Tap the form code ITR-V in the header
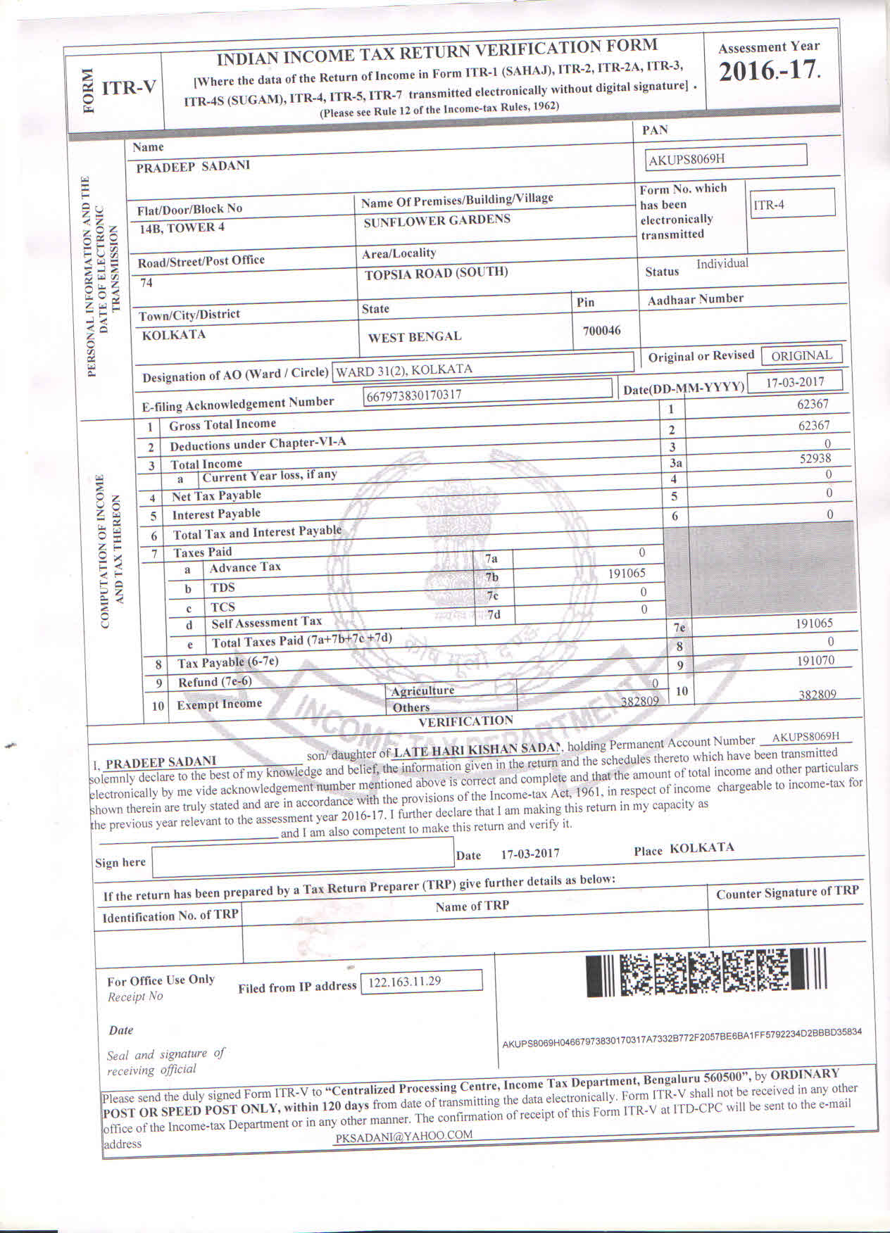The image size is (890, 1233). pos(129,88)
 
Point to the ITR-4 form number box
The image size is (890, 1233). pos(791,204)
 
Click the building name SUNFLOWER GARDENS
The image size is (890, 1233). pos(437,220)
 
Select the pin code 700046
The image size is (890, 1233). pos(601,330)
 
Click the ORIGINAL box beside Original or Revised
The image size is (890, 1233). pos(801,355)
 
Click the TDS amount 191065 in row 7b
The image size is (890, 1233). pos(627,573)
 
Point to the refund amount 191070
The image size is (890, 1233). pos(815,661)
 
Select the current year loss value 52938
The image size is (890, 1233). pos(815,458)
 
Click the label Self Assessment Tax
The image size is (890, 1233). pos(266,622)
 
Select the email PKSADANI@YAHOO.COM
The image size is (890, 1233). pos(404,1135)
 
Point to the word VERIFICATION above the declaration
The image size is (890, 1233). pos(465,721)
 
